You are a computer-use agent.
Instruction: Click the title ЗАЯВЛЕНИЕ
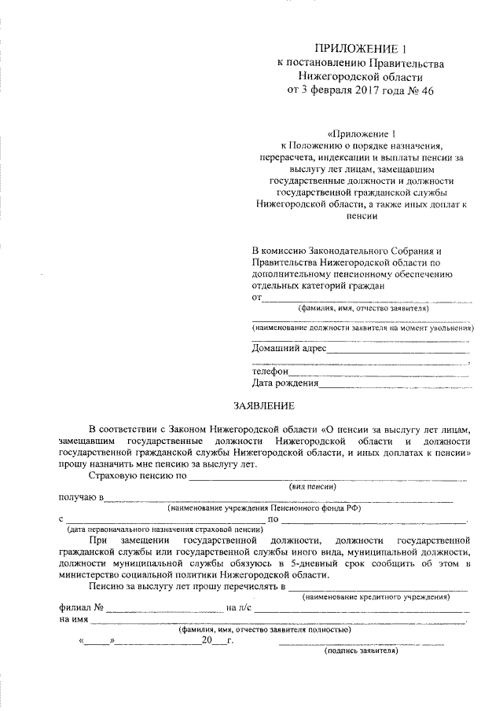263,406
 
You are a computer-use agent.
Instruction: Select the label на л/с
239,607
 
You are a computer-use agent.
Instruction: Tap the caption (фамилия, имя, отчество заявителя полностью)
263,629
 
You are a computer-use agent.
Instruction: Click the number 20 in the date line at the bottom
206,641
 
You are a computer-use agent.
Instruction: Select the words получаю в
79,497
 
